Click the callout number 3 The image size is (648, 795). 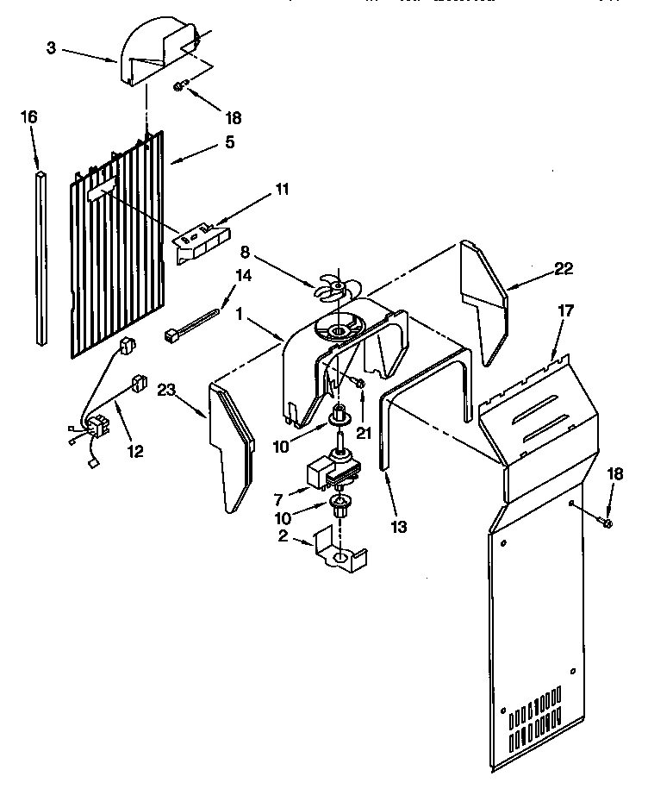(x=51, y=48)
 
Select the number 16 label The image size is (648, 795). (x=28, y=117)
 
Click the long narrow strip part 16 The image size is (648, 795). (x=40, y=259)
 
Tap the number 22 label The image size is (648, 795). (x=563, y=269)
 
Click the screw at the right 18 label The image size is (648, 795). (x=607, y=523)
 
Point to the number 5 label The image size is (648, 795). (x=229, y=142)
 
